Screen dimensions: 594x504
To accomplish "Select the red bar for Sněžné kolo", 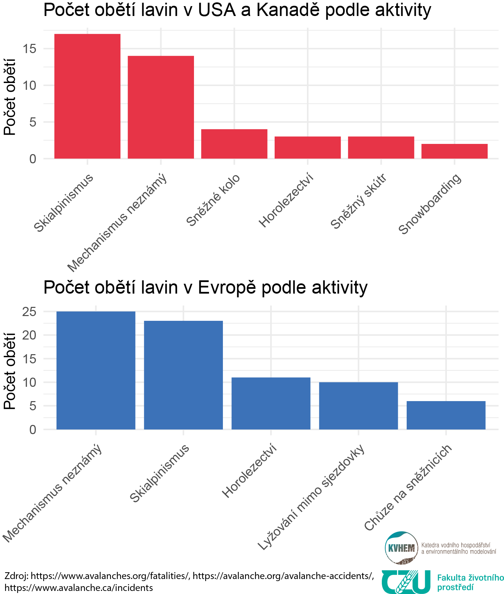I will coord(234,144).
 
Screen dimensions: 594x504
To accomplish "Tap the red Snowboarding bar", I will coord(454,151).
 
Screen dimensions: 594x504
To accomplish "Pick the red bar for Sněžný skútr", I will coord(381,148).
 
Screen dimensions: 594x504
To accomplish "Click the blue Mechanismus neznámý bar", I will coord(96,370).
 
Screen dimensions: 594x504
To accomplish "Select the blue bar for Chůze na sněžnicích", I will coord(446,415).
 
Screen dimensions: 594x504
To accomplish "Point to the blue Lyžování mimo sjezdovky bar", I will coord(358,406).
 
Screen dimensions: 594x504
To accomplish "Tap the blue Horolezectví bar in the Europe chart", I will coord(271,403).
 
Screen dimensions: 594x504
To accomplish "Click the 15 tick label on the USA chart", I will coord(29,49).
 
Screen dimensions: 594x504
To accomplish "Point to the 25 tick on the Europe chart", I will coord(29,312).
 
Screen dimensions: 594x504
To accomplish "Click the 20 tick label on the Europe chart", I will coord(29,335).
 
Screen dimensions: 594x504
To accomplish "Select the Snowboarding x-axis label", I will coord(430,204).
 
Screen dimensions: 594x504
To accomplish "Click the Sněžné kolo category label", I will coord(213,200).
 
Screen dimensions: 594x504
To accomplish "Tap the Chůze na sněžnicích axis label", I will coord(408,487).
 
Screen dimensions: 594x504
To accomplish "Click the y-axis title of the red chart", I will coord(10,97).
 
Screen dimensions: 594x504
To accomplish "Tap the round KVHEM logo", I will coord(402,547).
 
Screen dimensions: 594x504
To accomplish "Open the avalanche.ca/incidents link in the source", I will coord(79,588).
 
